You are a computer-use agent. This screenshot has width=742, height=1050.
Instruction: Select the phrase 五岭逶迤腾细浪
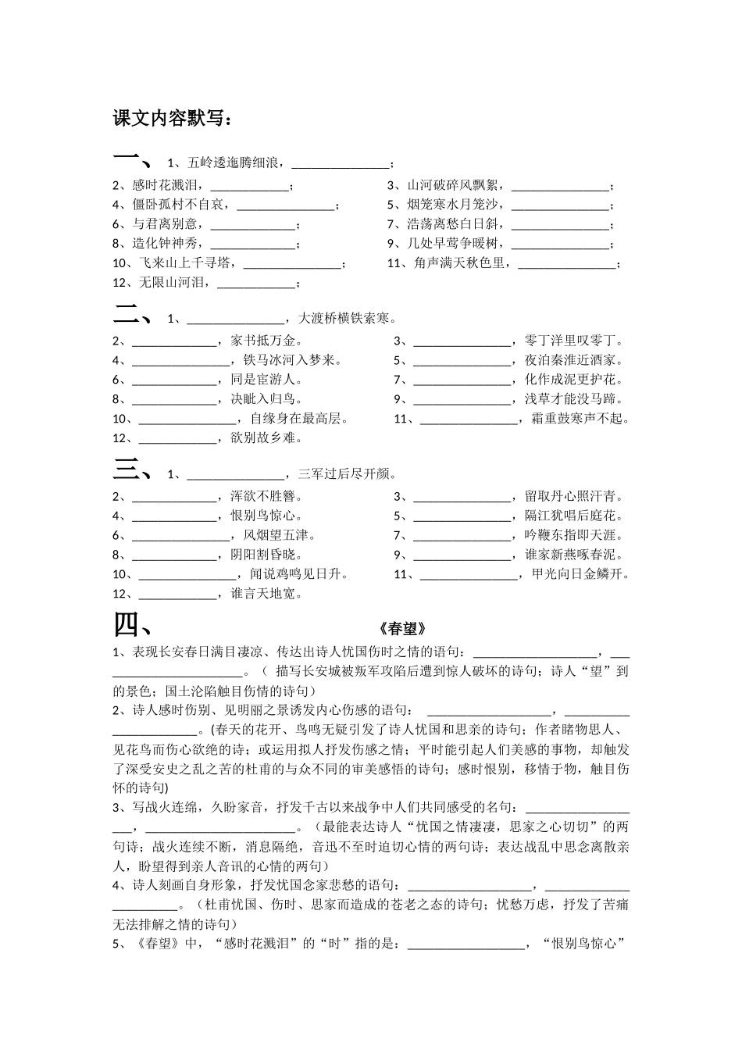tap(235, 163)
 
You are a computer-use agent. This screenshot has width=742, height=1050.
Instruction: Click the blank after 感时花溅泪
tap(249, 186)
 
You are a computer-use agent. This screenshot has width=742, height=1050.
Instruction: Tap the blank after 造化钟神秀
tap(255, 244)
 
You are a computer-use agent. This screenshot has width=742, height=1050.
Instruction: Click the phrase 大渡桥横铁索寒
tap(344, 319)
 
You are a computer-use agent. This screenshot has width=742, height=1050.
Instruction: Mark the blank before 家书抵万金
tap(173, 341)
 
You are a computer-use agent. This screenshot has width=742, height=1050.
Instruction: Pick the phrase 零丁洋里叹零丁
tap(574, 341)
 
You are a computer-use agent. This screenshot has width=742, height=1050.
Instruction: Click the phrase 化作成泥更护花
tap(574, 380)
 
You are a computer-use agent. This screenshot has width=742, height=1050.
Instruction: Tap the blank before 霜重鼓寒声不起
tap(469, 419)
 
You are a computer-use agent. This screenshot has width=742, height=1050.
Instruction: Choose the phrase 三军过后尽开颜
tap(344, 474)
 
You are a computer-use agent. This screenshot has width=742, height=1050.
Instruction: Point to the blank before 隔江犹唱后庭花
tap(462, 516)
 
